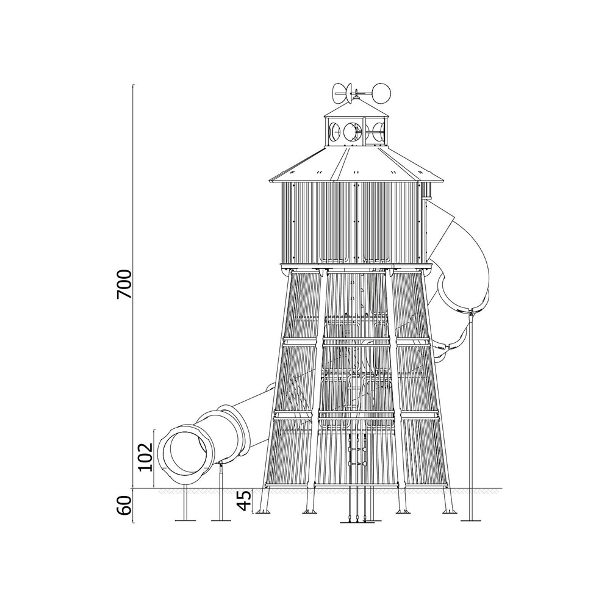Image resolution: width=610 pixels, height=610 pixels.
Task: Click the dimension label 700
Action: click(125, 284)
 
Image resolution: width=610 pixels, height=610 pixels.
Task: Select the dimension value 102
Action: click(146, 456)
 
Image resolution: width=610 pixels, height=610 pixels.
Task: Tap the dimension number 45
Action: click(245, 500)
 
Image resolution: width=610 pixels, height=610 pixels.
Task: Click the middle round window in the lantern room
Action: click(353, 132)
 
